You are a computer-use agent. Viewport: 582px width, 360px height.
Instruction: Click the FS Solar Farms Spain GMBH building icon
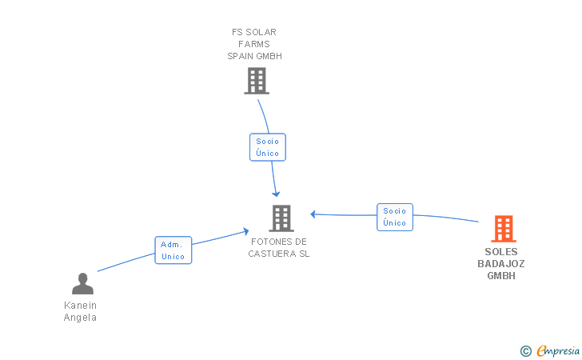coord(257,81)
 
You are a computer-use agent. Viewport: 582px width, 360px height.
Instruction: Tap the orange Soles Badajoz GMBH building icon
coord(504,229)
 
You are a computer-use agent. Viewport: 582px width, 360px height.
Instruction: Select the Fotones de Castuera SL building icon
coord(281,218)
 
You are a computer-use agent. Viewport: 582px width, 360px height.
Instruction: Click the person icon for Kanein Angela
coord(83,283)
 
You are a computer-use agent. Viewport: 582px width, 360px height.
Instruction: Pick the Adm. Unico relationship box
coord(173,250)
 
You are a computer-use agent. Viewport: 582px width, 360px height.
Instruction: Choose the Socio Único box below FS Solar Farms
coord(268,147)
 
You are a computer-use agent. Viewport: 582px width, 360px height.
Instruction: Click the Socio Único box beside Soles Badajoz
coord(395,217)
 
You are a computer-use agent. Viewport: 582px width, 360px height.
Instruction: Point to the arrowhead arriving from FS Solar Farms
coord(276,194)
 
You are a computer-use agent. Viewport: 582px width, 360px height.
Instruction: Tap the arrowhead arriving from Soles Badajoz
coord(313,214)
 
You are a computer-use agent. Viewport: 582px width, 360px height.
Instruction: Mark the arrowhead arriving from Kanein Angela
coord(245,231)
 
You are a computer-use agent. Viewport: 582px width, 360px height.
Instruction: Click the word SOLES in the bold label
coord(501,252)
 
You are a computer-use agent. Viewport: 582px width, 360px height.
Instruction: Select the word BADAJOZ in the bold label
coord(501,264)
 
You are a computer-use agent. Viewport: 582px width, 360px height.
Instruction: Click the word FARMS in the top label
coord(254,44)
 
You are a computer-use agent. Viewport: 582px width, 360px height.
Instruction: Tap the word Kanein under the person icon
coord(80,306)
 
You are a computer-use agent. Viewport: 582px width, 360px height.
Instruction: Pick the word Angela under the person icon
coord(80,318)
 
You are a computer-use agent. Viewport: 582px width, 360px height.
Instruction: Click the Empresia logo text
coord(558,351)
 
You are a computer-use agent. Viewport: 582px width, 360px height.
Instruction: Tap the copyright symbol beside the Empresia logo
coord(526,351)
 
